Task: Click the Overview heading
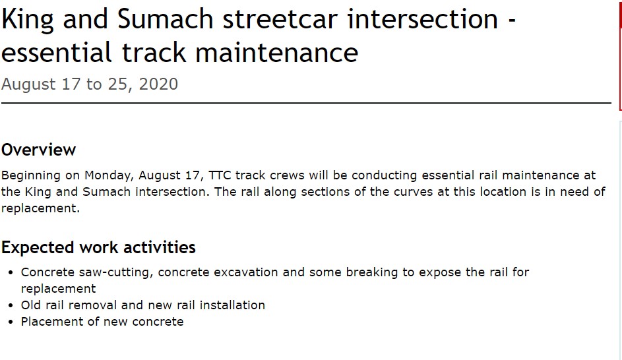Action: pyautogui.click(x=39, y=150)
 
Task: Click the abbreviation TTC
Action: pyautogui.click(x=220, y=175)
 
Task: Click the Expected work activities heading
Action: pyautogui.click(x=98, y=248)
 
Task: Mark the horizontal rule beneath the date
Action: pyautogui.click(x=306, y=104)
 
